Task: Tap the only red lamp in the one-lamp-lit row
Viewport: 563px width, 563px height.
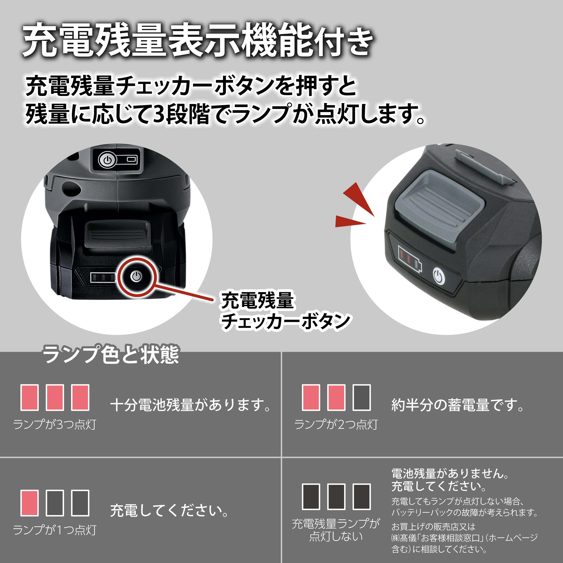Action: click(29, 503)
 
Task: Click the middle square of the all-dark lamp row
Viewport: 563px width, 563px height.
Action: click(336, 497)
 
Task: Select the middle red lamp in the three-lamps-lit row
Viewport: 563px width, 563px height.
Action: click(55, 397)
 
